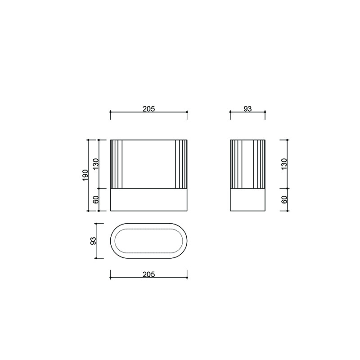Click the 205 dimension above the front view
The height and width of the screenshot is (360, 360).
(149, 109)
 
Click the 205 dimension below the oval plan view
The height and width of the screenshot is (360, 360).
(149, 274)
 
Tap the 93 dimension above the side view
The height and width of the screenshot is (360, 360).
(247, 109)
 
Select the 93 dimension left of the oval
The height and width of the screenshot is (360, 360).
(93, 241)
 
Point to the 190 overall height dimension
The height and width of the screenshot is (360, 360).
(85, 175)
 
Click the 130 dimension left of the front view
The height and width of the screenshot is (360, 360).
(96, 164)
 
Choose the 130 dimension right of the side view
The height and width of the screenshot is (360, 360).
(284, 164)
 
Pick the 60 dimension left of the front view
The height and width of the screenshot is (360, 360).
(96, 199)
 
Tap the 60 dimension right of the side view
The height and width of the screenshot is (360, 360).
(284, 199)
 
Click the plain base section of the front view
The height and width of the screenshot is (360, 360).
(149, 200)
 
